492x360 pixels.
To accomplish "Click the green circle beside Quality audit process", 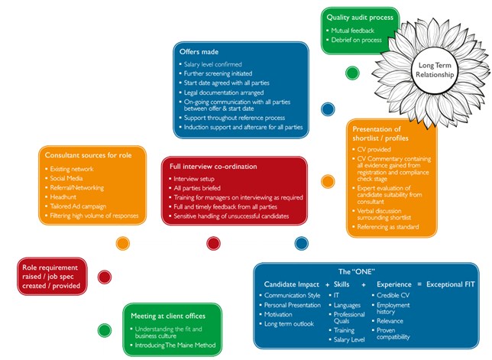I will (x=352, y=73).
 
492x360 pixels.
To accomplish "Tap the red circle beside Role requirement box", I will (x=105, y=277).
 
